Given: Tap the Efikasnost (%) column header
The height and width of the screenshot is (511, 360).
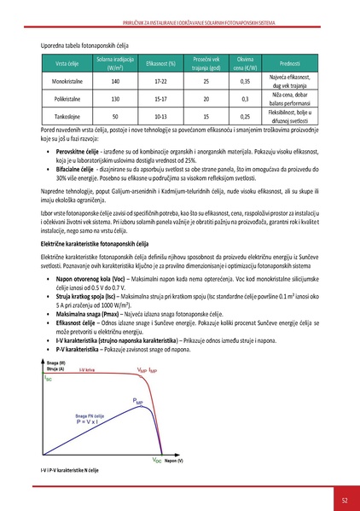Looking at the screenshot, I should coord(161,64).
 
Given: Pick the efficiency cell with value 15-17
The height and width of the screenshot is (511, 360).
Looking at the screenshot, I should coord(161,98).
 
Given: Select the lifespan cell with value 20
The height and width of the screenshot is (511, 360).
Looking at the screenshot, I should coord(206,98).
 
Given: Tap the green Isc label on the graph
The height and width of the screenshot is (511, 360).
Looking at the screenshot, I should coord(49,402).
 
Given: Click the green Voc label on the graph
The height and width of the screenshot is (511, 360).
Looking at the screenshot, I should coord(159,460).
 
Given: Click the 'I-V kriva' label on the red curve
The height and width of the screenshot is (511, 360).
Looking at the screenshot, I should coord(87,393).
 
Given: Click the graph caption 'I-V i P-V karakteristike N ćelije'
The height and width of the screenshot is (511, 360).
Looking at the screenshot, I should coord(71,471).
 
